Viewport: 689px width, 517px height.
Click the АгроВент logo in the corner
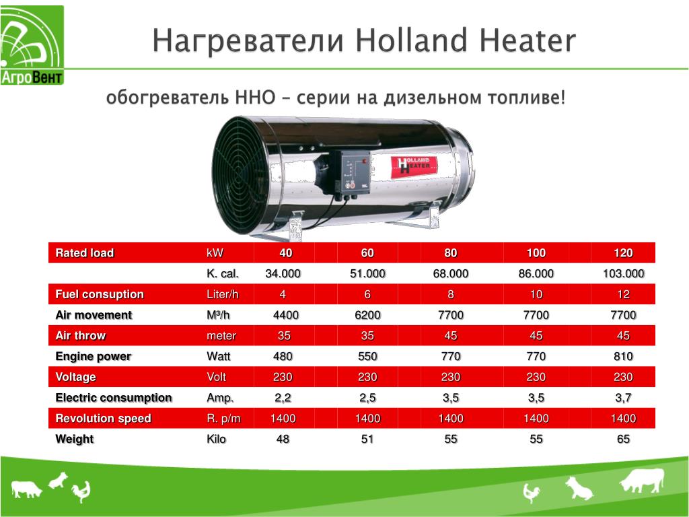pos(32,45)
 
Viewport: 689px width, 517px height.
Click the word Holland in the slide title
pos(411,40)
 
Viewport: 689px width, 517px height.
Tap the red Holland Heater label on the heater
pos(414,168)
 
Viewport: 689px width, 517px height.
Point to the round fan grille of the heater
pos(240,175)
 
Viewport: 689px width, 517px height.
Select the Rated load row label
pos(85,253)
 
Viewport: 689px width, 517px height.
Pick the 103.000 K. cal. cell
pos(623,273)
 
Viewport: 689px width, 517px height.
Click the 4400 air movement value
pos(285,315)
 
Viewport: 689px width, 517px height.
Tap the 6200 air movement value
pos(367,315)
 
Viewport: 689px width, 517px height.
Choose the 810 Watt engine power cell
pos(623,356)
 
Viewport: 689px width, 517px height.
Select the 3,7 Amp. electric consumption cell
pos(623,398)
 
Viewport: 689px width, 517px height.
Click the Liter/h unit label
pos(222,294)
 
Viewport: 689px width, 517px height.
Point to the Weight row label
pos(75,439)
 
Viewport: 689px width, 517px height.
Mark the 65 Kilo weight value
pos(623,439)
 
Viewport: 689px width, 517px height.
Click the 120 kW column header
pos(623,253)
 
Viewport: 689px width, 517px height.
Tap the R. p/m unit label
pos(223,419)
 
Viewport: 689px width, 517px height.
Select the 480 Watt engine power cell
pos(283,356)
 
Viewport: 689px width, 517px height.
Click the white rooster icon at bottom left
pos(81,491)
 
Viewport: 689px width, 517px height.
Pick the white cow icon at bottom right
pos(642,480)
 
